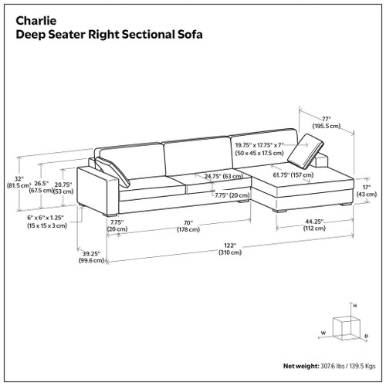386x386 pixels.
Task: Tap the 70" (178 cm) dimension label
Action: [x=184, y=226]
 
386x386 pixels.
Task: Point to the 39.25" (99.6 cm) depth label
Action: [x=92, y=256]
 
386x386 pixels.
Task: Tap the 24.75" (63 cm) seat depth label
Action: [x=220, y=176]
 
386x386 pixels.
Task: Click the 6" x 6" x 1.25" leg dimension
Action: [x=39, y=222]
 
